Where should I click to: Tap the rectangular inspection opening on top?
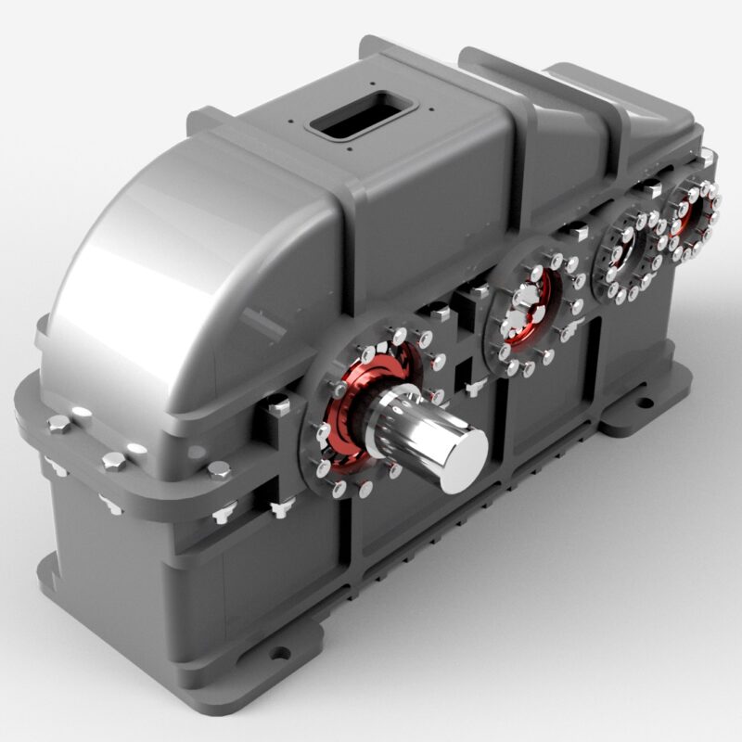[x=360, y=114]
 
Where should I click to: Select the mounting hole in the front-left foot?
[x=278, y=652]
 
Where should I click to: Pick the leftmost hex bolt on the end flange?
[x=58, y=426]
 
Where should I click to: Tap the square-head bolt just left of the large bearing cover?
[x=277, y=405]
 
